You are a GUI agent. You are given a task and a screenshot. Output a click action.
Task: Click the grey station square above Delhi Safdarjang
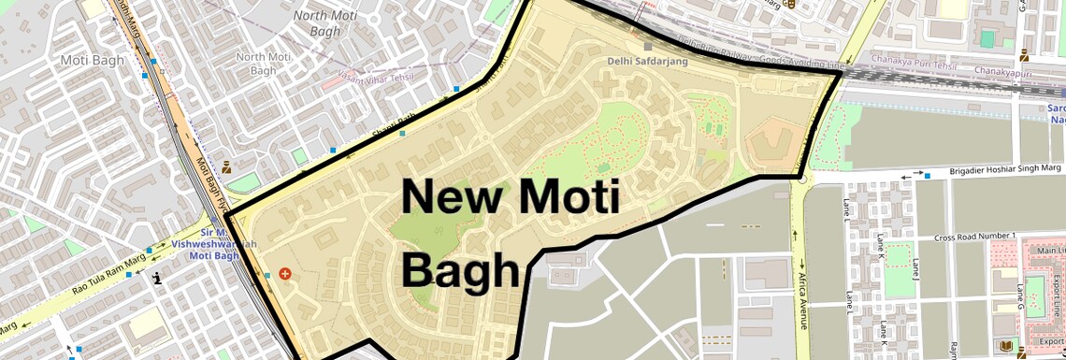[647, 44]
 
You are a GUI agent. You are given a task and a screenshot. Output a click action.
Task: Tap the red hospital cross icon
[285, 274]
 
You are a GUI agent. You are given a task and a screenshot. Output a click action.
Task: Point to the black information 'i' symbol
[157, 277]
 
